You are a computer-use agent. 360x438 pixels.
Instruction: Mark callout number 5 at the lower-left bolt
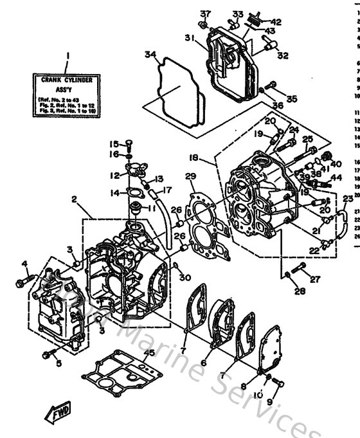point(59,363)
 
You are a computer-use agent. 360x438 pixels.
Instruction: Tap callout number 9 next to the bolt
point(270,403)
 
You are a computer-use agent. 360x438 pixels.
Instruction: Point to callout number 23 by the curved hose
point(348,199)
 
